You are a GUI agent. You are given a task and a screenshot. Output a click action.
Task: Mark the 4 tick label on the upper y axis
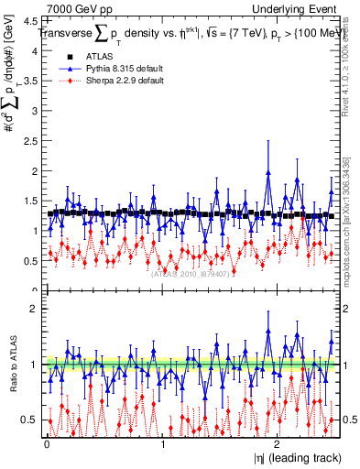point(35,51)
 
